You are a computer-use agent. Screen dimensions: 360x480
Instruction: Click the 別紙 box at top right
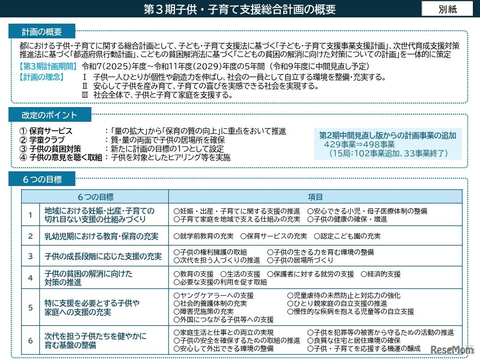[447, 9]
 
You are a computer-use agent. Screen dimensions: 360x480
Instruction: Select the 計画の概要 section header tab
[42, 32]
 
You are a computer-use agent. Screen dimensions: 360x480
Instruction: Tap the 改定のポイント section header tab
[49, 115]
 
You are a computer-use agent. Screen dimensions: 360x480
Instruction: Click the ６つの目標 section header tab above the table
[42, 180]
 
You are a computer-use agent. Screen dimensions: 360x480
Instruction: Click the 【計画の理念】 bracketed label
[41, 77]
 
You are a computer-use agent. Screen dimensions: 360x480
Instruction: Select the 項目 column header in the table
[315, 197]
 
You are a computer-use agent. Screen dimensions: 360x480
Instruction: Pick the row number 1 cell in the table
[30, 215]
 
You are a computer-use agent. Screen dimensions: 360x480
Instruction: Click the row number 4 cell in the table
[30, 278]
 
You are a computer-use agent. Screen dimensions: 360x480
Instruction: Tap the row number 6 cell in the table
[30, 341]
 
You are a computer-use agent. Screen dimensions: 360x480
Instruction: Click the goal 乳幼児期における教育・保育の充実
[101, 236]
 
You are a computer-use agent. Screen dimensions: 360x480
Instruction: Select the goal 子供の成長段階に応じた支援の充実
[103, 257]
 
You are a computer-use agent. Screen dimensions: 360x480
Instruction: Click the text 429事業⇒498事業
[359, 144]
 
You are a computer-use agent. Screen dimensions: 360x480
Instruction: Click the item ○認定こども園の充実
[347, 236]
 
